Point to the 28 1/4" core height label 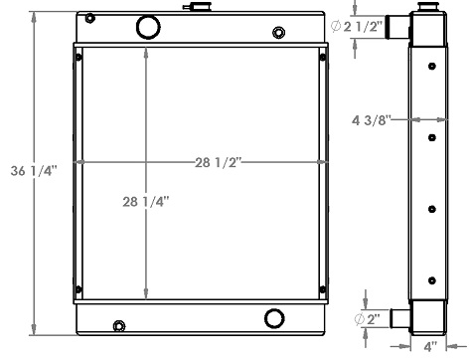tap(145, 201)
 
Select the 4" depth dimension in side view tap(429, 348)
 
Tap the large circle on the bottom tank tap(274, 319)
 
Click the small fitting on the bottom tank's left tap(120, 325)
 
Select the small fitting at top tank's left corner tap(90, 19)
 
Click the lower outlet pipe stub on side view tap(398, 318)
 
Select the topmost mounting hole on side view tap(431, 68)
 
